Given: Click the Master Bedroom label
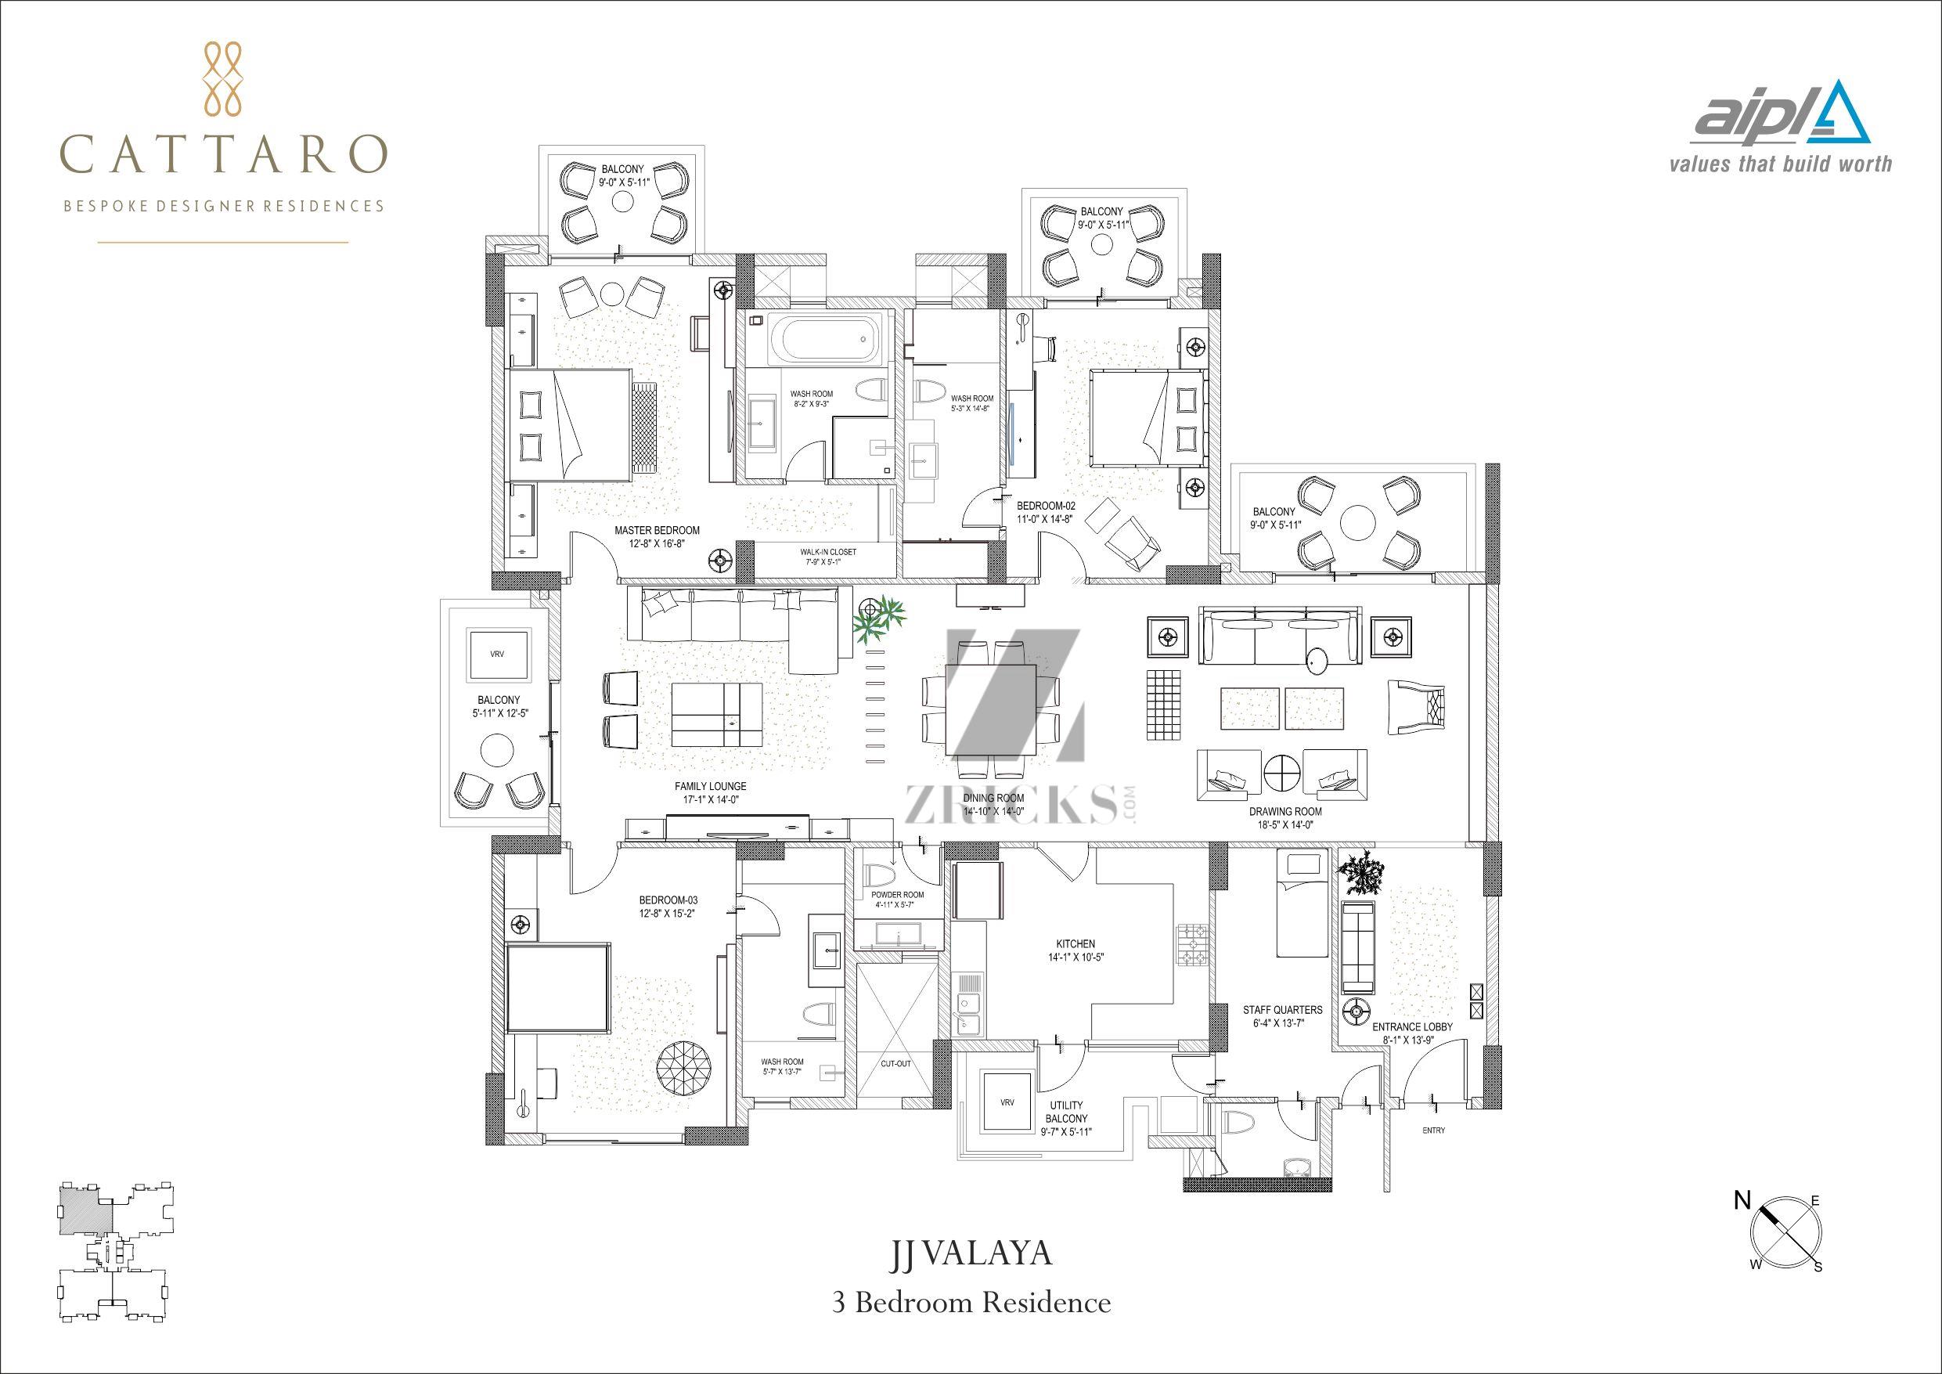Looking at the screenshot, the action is coord(658,537).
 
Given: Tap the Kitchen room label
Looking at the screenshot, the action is coord(1075,950).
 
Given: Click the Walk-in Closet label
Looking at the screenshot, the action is coord(828,556).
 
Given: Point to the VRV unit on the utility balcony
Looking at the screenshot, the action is coord(1007,1103).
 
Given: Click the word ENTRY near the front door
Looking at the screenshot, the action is coord(1435,1131).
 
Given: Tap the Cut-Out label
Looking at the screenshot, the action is coord(896,1063).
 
